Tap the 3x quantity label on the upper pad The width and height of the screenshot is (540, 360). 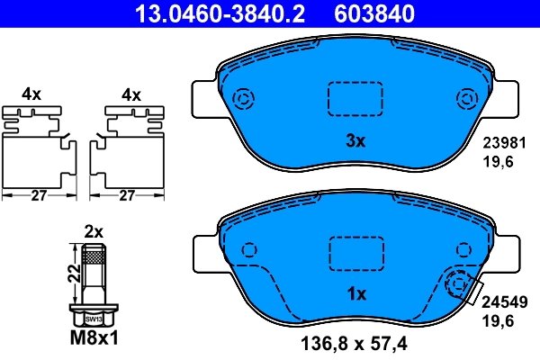pyautogui.click(x=355, y=140)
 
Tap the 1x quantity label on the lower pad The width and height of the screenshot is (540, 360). pyautogui.click(x=355, y=293)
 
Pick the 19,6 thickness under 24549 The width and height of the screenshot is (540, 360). pyautogui.click(x=499, y=321)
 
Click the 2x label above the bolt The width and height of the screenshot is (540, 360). pyautogui.click(x=93, y=229)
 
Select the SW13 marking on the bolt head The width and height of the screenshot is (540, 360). pyautogui.click(x=93, y=319)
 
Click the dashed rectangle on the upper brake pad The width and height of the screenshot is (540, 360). pyautogui.click(x=355, y=98)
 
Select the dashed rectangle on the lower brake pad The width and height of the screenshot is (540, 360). pyautogui.click(x=355, y=251)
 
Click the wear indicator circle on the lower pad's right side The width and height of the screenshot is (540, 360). pyautogui.click(x=459, y=285)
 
